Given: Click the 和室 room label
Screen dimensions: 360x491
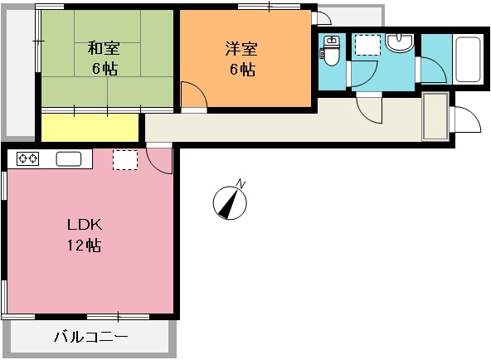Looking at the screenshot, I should tap(104, 48).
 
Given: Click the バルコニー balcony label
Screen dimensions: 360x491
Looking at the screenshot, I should tap(90, 338).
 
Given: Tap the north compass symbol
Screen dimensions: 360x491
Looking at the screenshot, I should tap(231, 201).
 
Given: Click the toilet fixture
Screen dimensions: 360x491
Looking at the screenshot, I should tap(331, 51).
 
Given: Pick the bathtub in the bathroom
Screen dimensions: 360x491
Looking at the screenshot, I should tap(469, 60).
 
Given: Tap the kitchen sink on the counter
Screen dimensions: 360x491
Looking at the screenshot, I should tap(67, 158).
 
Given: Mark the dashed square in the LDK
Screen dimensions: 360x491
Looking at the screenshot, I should tap(124, 159).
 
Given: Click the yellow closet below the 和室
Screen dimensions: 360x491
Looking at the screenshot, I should tap(90, 128).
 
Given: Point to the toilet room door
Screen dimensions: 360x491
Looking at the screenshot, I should tap(362, 75).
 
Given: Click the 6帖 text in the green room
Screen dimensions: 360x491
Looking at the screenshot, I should tap(104, 69).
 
